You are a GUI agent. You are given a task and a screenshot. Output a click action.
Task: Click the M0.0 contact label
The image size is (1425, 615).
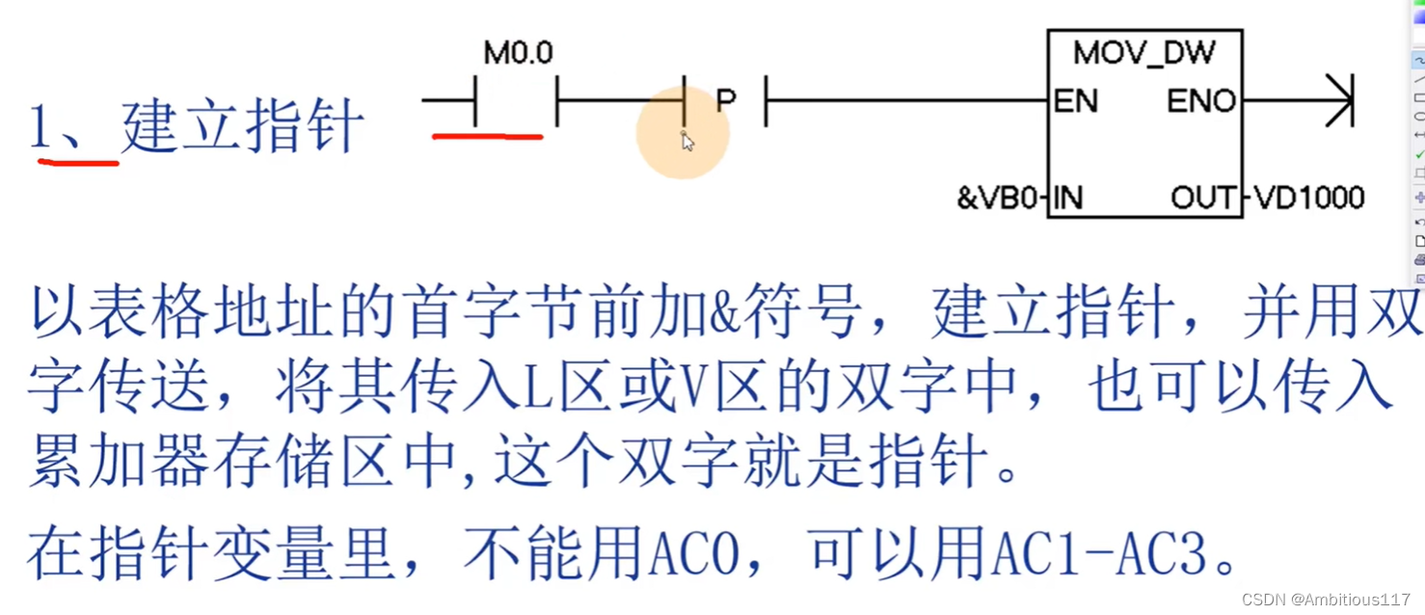(518, 52)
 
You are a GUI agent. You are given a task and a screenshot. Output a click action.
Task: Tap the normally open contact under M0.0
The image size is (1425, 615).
(516, 100)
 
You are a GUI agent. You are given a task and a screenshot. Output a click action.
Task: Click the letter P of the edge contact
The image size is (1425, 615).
(726, 99)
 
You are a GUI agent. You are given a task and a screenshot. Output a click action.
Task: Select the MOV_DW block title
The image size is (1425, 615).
(1144, 52)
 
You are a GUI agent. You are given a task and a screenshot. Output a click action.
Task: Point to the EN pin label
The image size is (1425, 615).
(1075, 101)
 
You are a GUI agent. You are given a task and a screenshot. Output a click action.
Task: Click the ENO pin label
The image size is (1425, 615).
(1201, 101)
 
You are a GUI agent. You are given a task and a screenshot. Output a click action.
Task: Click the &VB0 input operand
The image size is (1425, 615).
(997, 198)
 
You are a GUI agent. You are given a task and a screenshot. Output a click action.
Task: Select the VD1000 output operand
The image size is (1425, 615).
(1309, 198)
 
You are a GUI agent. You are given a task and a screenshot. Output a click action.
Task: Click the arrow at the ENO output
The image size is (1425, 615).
(1340, 100)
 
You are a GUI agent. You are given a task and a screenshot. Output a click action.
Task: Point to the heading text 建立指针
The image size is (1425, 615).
(243, 126)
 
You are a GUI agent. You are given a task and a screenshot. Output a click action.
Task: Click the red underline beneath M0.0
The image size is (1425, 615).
(487, 137)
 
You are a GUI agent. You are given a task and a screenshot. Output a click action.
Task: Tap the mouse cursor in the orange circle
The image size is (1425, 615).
(686, 142)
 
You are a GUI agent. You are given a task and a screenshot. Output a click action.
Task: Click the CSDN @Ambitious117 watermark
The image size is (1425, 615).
(1326, 600)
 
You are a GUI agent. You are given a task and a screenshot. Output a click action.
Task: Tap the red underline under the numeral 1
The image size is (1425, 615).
(77, 163)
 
